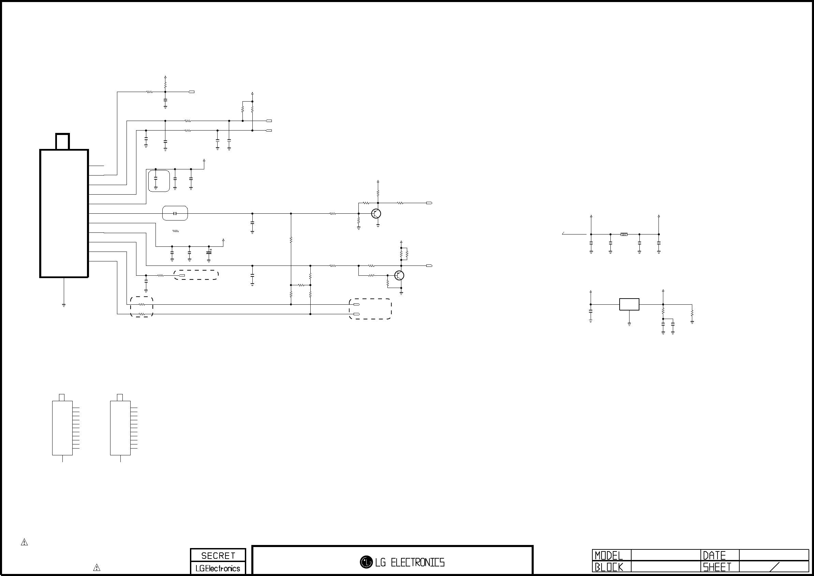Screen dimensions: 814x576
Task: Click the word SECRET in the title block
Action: pos(218,556)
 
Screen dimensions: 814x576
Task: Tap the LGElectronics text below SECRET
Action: pos(218,568)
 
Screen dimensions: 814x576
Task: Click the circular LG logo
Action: pos(366,562)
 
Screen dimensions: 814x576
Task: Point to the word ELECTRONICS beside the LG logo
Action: pos(418,562)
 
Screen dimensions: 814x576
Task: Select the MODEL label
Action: pos(609,556)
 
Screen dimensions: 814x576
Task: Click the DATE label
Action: pos(714,556)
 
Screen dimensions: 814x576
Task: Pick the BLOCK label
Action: pos(609,567)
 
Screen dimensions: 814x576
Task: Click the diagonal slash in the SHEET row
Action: pos(773,567)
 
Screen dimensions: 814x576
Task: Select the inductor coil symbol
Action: pos(624,234)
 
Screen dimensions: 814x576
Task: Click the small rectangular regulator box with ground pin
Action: pos(629,304)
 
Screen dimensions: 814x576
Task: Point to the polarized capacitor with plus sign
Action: pos(209,252)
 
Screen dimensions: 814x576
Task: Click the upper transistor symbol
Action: pos(376,213)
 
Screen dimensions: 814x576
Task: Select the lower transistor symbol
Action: pos(399,276)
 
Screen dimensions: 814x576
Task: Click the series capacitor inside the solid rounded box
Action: pos(175,213)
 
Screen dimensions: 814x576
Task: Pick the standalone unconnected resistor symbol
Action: pos(176,231)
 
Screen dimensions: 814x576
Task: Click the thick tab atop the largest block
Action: pos(62,141)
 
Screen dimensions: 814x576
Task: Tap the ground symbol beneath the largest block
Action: pos(64,305)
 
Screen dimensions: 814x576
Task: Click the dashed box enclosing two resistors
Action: pos(142,307)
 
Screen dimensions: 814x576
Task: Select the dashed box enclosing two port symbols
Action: pos(370,309)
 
